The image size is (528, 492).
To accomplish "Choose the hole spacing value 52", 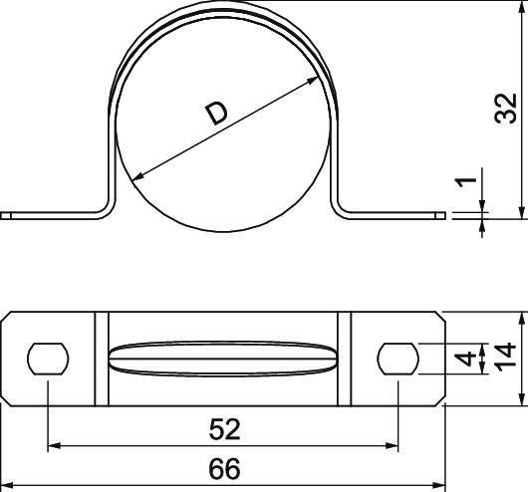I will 225,429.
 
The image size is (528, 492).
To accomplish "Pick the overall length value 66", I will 225,467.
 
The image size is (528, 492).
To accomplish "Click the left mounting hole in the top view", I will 47,359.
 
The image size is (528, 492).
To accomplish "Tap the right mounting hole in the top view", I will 398,359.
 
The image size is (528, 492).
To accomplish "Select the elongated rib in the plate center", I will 223,359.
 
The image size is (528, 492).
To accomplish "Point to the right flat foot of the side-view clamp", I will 394,213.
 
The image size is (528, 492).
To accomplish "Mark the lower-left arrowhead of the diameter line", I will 137,180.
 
